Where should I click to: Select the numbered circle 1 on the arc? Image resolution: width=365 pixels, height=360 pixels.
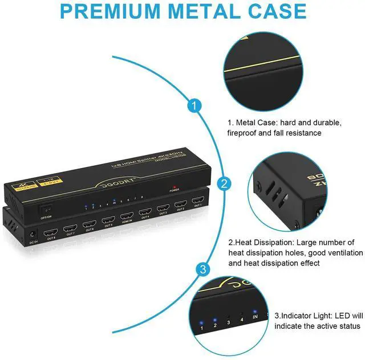(195, 107)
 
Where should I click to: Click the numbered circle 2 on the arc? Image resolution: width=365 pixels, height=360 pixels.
(224, 184)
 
